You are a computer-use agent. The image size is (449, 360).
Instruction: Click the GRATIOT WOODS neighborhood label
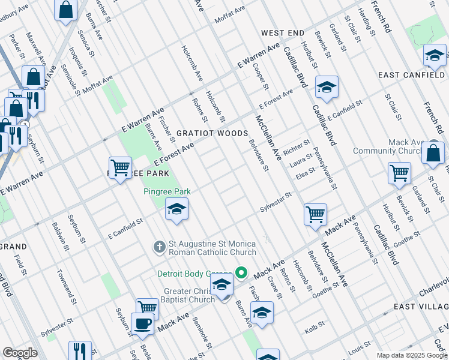[212, 133]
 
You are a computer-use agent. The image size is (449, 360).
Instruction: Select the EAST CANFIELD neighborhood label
[412, 74]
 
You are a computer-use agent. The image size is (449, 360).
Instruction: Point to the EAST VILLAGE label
[420, 307]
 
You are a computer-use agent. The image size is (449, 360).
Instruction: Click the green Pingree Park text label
[167, 191]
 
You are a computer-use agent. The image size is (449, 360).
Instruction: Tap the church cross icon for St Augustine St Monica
[160, 247]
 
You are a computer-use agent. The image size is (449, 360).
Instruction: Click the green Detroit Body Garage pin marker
[241, 273]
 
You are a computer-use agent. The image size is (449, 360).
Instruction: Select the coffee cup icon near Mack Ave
[143, 323]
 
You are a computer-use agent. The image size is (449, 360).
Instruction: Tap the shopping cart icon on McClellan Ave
[315, 214]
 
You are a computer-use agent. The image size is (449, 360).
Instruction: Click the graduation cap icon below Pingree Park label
[176, 209]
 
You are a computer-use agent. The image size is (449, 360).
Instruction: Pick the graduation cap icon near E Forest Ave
[327, 87]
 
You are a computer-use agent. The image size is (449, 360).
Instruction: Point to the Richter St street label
[298, 144]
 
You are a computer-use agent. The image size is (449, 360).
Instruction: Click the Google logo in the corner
[19, 353]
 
